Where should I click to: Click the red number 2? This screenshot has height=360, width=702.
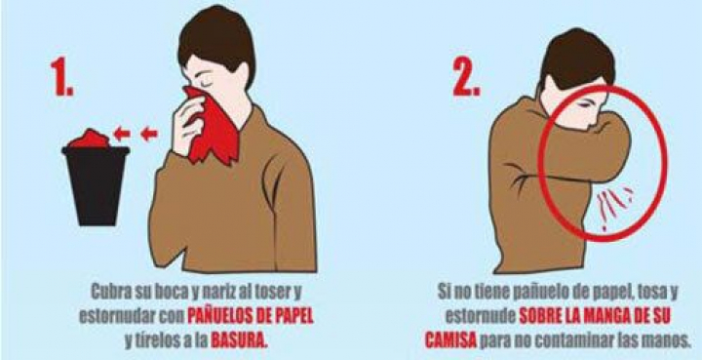[466, 76]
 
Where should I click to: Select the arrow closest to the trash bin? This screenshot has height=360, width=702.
[121, 133]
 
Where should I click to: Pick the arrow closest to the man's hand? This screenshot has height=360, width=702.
[149, 133]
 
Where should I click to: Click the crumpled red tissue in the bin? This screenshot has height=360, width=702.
[91, 139]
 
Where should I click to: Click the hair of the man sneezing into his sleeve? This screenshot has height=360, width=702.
[576, 60]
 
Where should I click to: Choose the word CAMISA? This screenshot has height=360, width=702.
[450, 340]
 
